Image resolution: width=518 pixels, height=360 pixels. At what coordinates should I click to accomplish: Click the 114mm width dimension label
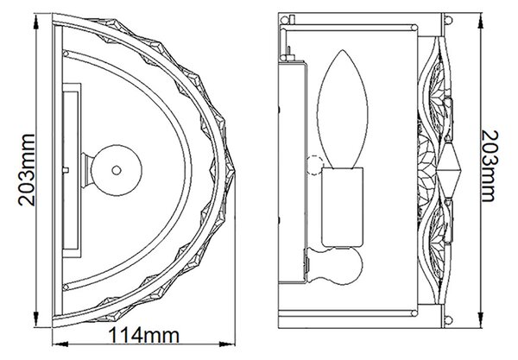[x=143, y=336]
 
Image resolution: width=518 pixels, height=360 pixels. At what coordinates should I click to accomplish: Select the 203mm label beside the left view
[x=27, y=170]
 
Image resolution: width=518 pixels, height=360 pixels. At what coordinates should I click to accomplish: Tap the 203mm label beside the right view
[x=490, y=166]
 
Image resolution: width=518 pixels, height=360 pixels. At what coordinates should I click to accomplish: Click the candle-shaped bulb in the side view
[x=342, y=109]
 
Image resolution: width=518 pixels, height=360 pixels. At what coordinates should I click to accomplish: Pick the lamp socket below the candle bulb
[x=343, y=207]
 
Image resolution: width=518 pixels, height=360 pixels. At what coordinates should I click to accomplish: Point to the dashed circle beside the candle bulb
[x=314, y=165]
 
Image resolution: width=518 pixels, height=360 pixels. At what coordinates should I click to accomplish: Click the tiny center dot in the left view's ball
[x=117, y=170]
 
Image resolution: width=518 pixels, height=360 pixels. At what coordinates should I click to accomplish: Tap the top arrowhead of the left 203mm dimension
[x=36, y=22]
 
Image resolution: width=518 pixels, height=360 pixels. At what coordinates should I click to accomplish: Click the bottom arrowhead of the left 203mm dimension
[x=36, y=319]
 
